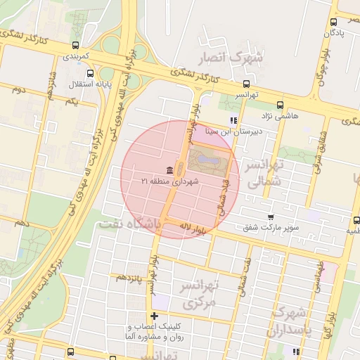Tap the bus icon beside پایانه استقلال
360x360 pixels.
coord(89,73)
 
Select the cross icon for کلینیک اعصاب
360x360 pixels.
coord(155,316)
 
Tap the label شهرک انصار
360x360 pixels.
coord(233,57)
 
